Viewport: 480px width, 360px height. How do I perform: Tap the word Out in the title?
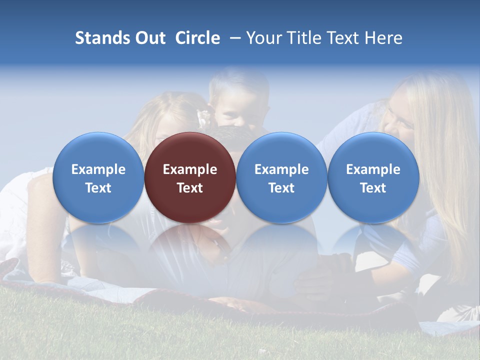click(x=150, y=38)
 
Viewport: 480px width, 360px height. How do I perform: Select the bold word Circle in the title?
click(x=197, y=38)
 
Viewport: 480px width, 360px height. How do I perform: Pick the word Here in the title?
click(x=383, y=38)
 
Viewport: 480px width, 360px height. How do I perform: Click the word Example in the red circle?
click(x=190, y=169)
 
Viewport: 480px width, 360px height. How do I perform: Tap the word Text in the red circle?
click(x=190, y=188)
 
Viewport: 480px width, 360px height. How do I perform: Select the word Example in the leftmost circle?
click(x=98, y=169)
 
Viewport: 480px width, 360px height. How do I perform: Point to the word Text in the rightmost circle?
click(x=373, y=188)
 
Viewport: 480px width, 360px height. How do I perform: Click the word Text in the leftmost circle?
click(x=98, y=188)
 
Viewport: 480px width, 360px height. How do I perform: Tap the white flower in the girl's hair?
click(x=203, y=117)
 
